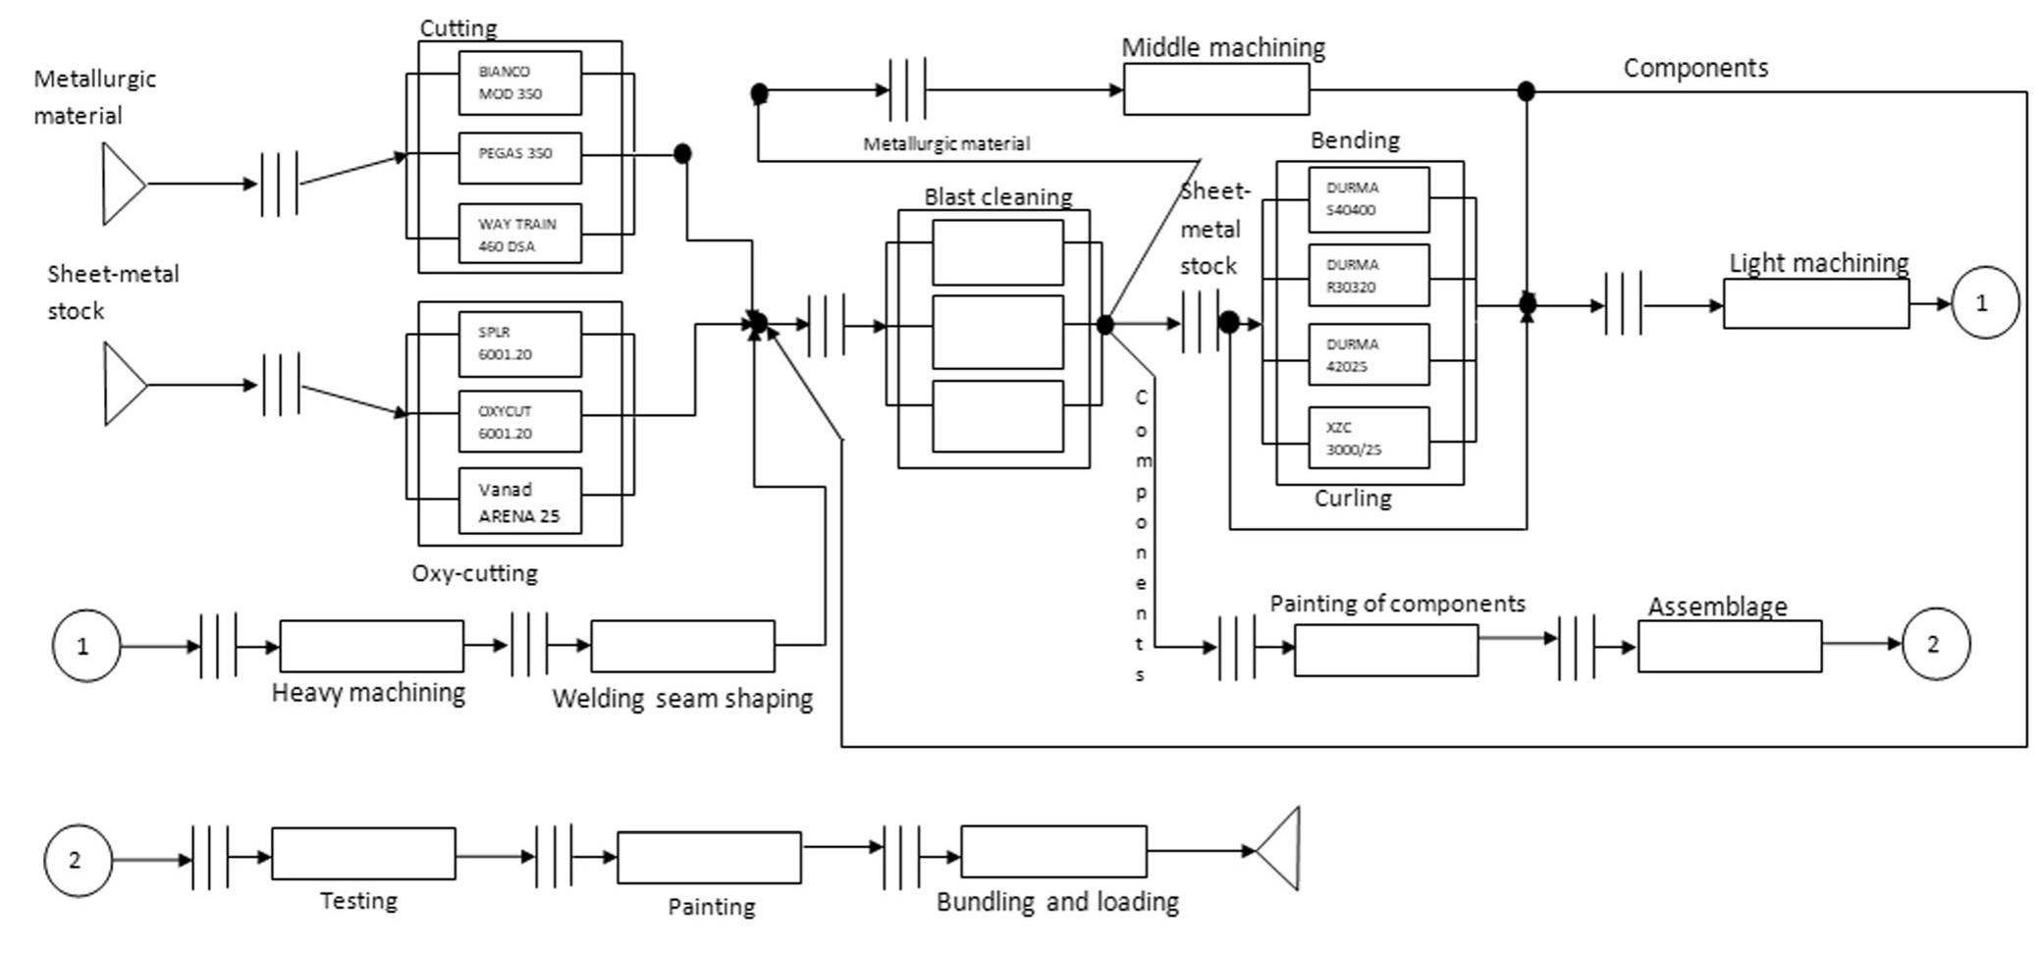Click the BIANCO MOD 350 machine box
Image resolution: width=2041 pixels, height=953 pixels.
point(519,83)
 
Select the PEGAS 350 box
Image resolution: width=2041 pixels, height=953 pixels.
point(519,157)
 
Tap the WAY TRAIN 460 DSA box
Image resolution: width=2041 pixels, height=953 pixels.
point(519,234)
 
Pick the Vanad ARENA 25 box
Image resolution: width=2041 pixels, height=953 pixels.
point(519,502)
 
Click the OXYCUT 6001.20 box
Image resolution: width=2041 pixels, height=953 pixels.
point(519,422)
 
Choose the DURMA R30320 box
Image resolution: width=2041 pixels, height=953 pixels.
point(1368,276)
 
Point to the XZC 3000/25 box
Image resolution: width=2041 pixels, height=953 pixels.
point(1368,438)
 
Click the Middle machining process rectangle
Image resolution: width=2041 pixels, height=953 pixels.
point(1215,90)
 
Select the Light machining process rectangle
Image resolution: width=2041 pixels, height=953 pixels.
point(1815,304)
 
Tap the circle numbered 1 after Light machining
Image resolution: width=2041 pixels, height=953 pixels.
point(1984,303)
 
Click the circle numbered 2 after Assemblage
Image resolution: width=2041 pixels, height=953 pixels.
point(1935,644)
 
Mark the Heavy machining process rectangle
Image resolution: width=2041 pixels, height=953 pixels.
point(371,646)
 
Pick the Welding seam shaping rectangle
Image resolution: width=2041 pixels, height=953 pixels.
point(682,646)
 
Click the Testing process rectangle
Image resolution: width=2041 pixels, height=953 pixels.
point(363,854)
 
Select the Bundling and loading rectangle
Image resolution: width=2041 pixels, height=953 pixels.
point(1052,851)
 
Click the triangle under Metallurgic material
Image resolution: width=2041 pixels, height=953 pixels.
point(121,184)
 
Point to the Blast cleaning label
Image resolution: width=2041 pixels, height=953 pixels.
point(997,196)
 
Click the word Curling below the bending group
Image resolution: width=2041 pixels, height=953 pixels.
point(1352,499)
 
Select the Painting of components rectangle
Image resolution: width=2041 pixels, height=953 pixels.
point(1385,651)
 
